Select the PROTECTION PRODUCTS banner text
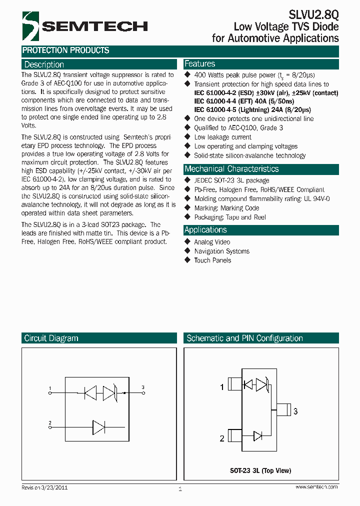click(x=65, y=50)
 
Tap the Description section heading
click(x=44, y=64)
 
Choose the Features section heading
click(x=199, y=64)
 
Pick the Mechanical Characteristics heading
click(x=231, y=169)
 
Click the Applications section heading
click(x=205, y=230)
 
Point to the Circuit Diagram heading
click(x=51, y=338)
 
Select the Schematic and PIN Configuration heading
click(x=244, y=338)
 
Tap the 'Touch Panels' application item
click(x=212, y=260)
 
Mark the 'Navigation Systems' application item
click(x=221, y=251)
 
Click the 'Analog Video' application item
click(x=212, y=242)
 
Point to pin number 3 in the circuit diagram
click(x=143, y=387)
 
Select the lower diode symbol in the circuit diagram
click(x=98, y=427)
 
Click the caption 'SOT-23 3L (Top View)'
click(x=260, y=470)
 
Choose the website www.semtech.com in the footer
click(x=316, y=487)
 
